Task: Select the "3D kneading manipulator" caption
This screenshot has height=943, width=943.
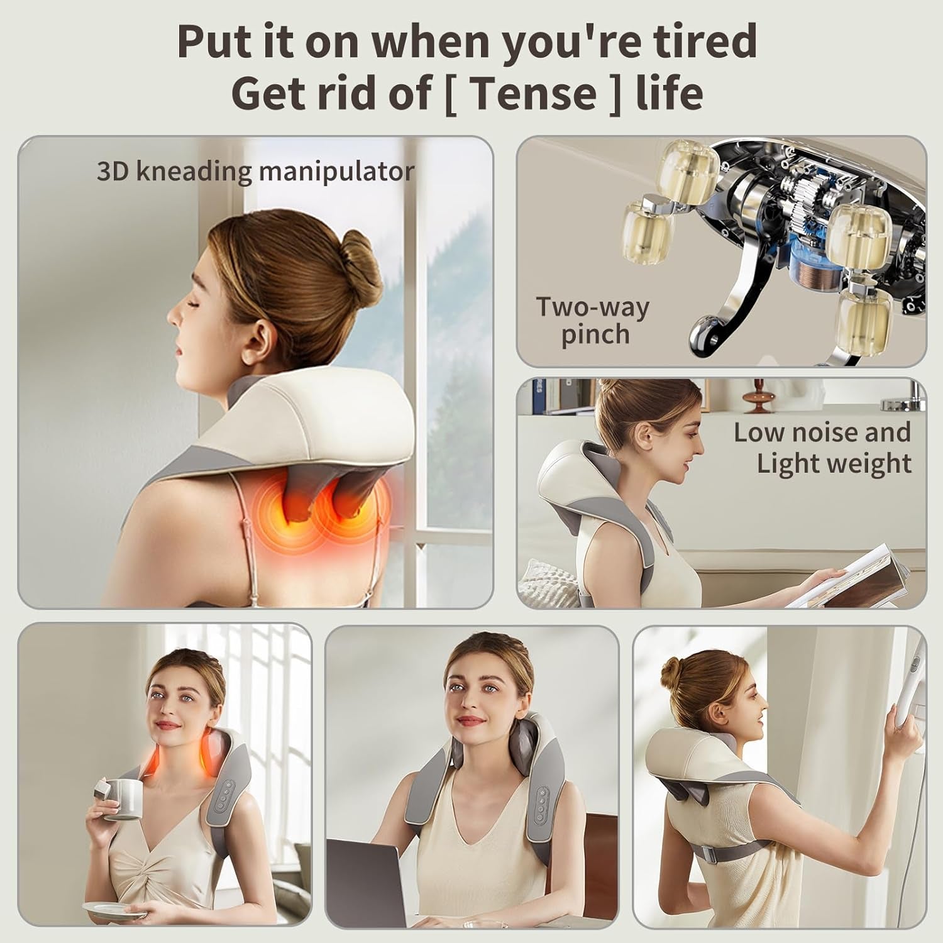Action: pyautogui.click(x=255, y=172)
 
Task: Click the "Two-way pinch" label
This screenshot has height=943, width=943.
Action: pyautogui.click(x=592, y=321)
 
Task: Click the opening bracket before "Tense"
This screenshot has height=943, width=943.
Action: pyautogui.click(x=451, y=94)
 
